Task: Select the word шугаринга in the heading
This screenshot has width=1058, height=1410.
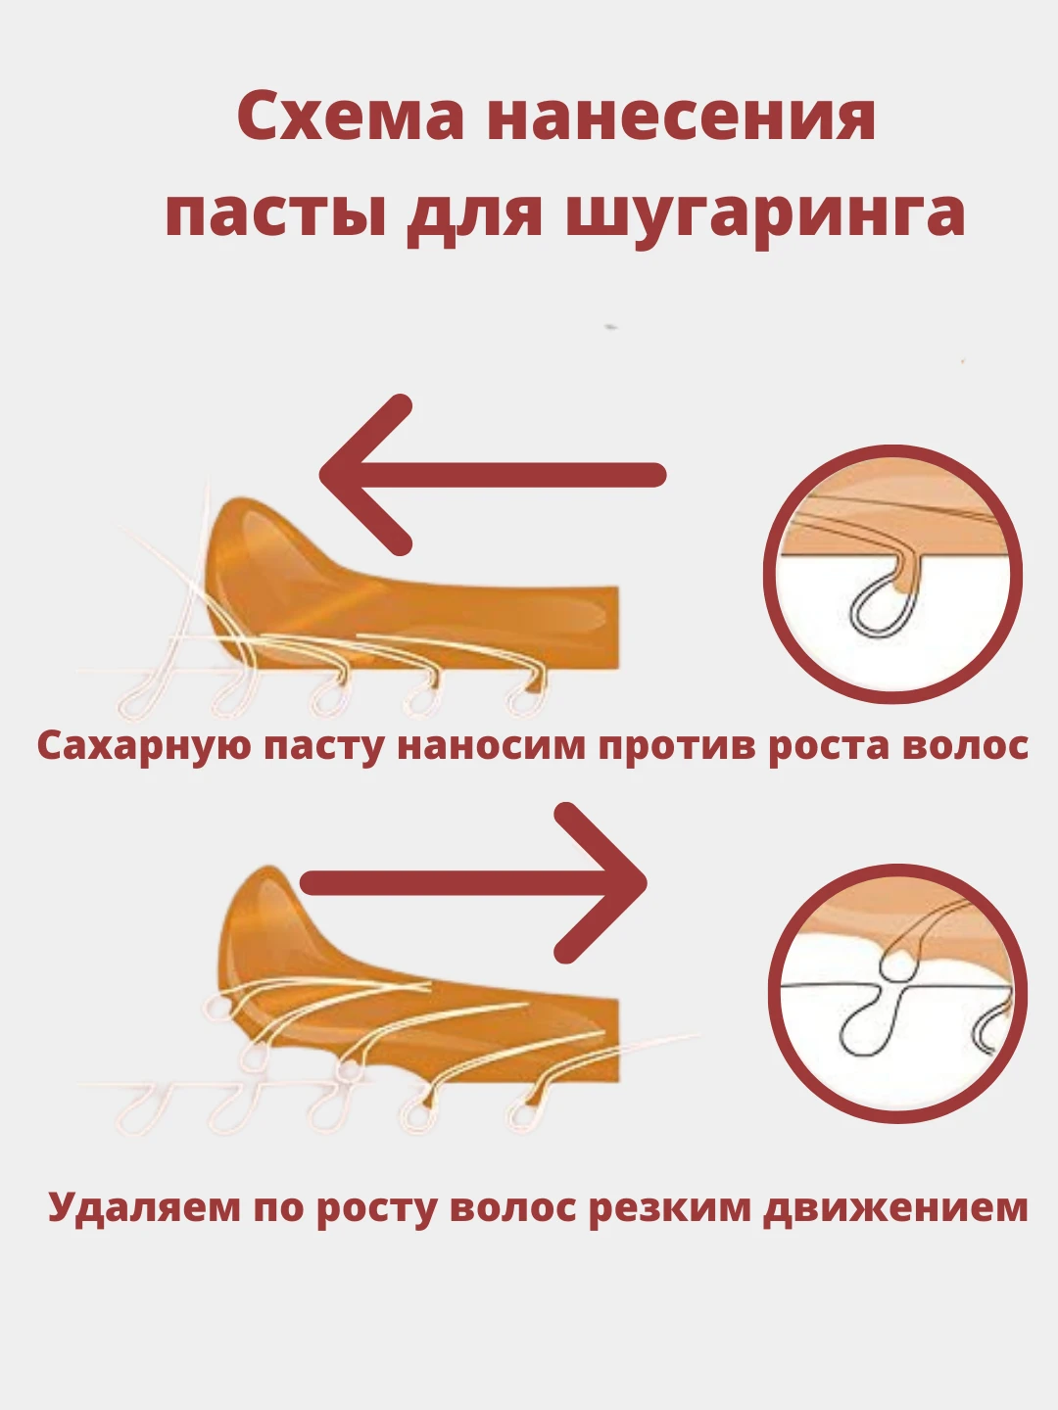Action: click(766, 212)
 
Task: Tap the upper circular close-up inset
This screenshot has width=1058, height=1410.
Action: click(892, 574)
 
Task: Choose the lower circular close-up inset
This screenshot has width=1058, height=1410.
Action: click(897, 993)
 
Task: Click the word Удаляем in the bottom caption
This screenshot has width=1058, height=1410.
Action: click(144, 1208)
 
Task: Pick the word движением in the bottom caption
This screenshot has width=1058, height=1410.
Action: click(895, 1208)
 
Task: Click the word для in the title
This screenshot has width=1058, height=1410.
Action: click(475, 212)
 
